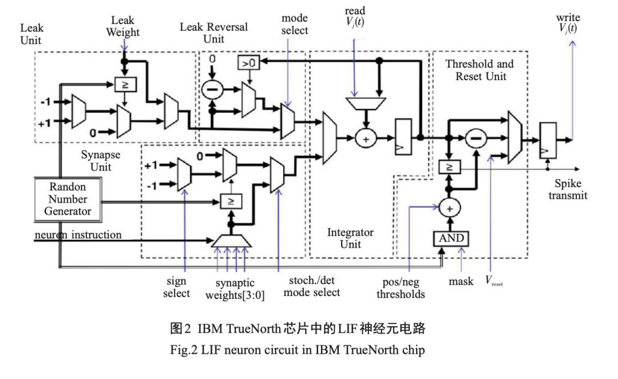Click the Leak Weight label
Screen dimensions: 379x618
pos(122,26)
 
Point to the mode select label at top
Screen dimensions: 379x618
pos(295,25)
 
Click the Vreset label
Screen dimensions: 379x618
pos(494,281)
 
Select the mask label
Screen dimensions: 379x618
pos(461,281)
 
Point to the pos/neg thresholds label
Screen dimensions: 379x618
pos(404,289)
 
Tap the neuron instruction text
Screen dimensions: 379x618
pos(78,235)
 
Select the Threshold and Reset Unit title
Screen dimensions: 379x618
pos(480,70)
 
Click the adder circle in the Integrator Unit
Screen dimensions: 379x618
pos(366,138)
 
